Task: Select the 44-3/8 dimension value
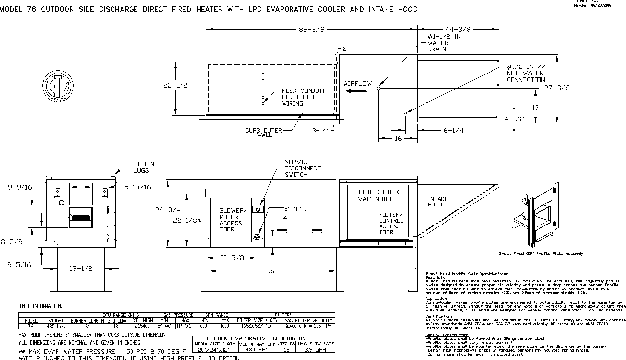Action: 458,29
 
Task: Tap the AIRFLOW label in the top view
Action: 358,84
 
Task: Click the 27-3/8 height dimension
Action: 557,88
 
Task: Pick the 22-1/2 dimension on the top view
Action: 175,85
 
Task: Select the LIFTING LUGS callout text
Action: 146,167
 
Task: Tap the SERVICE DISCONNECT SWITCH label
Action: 303,168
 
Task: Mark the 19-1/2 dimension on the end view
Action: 81,268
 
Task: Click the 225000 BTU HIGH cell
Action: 143,326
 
